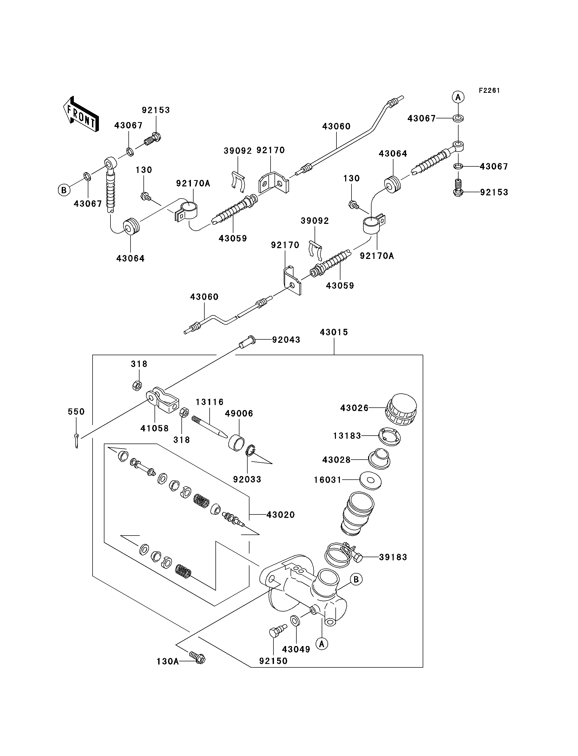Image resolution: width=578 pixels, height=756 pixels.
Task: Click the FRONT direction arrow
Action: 81,114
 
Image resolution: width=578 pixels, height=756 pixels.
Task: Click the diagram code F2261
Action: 489,90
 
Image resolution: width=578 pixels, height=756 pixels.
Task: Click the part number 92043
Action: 286,340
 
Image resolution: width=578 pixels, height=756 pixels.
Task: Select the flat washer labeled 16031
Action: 370,480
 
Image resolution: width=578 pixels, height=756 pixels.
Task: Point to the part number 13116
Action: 210,402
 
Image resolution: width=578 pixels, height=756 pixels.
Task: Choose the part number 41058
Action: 155,428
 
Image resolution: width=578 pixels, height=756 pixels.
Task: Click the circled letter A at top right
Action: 458,97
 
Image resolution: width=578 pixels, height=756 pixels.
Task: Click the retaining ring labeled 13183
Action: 390,437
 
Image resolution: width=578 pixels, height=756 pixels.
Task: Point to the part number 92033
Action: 247,479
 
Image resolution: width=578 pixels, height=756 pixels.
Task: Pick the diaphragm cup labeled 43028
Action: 379,459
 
